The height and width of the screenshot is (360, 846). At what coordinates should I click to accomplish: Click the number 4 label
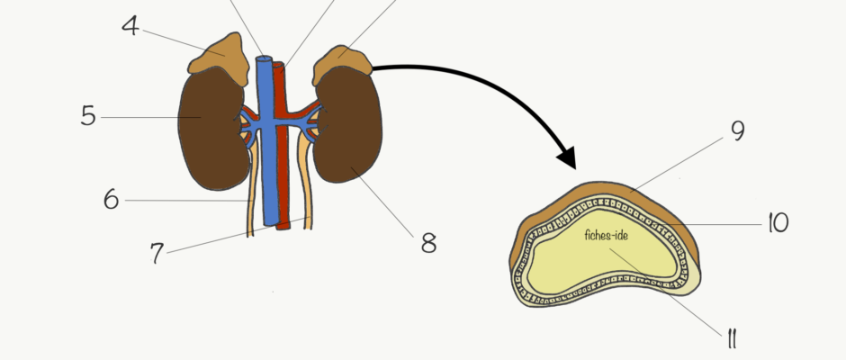130,26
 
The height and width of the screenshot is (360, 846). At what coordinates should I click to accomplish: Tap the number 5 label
88,116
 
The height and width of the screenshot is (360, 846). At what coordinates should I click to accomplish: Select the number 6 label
111,200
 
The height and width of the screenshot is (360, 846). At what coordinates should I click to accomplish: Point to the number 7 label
157,253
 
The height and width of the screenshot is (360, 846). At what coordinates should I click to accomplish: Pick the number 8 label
429,243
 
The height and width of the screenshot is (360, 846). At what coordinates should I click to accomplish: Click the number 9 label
738,130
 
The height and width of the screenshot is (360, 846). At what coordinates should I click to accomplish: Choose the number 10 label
778,222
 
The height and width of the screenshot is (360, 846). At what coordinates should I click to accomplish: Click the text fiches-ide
606,235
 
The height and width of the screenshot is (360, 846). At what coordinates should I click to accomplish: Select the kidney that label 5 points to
211,129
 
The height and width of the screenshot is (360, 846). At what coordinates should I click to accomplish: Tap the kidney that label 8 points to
348,125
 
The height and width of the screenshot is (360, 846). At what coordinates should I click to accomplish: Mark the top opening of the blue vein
264,58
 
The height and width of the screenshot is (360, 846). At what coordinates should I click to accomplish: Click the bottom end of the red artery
283,227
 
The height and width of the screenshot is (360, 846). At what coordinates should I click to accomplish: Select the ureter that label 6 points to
250,192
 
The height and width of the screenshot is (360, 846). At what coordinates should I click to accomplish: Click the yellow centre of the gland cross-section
601,258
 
